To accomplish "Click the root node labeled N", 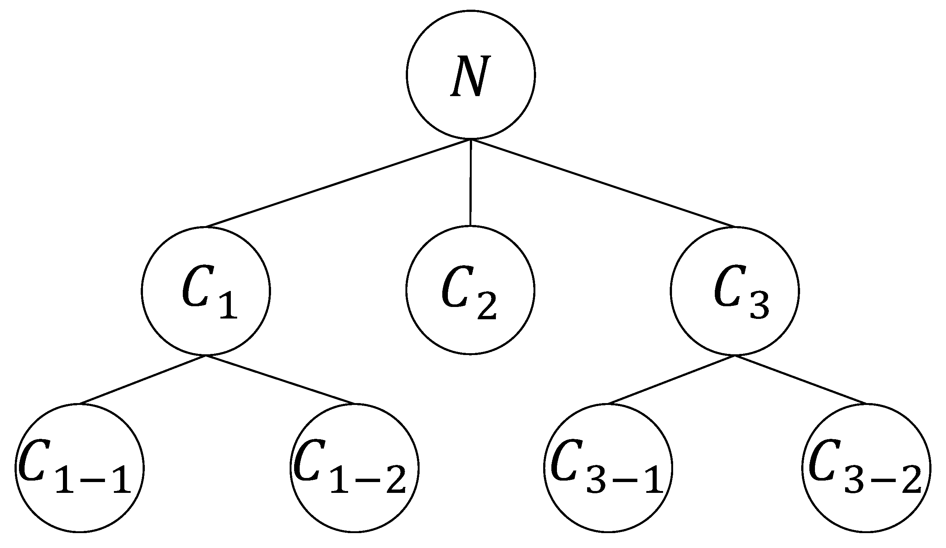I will click(471, 75).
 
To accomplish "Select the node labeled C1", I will click(206, 291).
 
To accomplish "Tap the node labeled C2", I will click(470, 290).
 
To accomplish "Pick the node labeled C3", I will click(735, 291).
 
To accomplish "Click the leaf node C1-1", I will click(80, 468).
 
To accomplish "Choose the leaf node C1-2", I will click(354, 468).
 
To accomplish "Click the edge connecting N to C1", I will click(338, 183).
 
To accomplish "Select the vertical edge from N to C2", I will click(471, 183).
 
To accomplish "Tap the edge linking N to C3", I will click(603, 183).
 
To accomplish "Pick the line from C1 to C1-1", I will click(143, 379).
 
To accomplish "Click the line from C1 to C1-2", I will click(280, 379).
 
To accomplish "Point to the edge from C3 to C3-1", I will click(672, 379).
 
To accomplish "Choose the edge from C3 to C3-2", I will click(801, 379).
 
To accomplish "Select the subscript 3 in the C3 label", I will click(759, 306).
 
